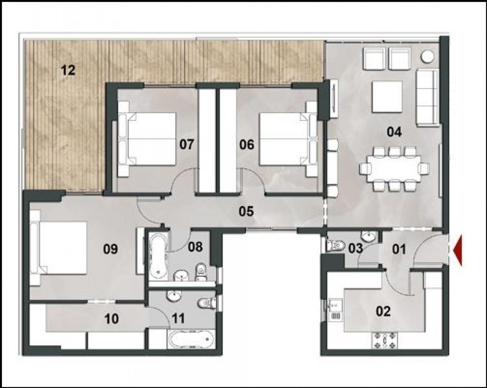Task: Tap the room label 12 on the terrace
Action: click(x=68, y=70)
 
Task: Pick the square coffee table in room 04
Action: click(x=387, y=97)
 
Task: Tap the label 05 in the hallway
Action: click(x=246, y=211)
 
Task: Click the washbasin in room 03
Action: click(x=369, y=236)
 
